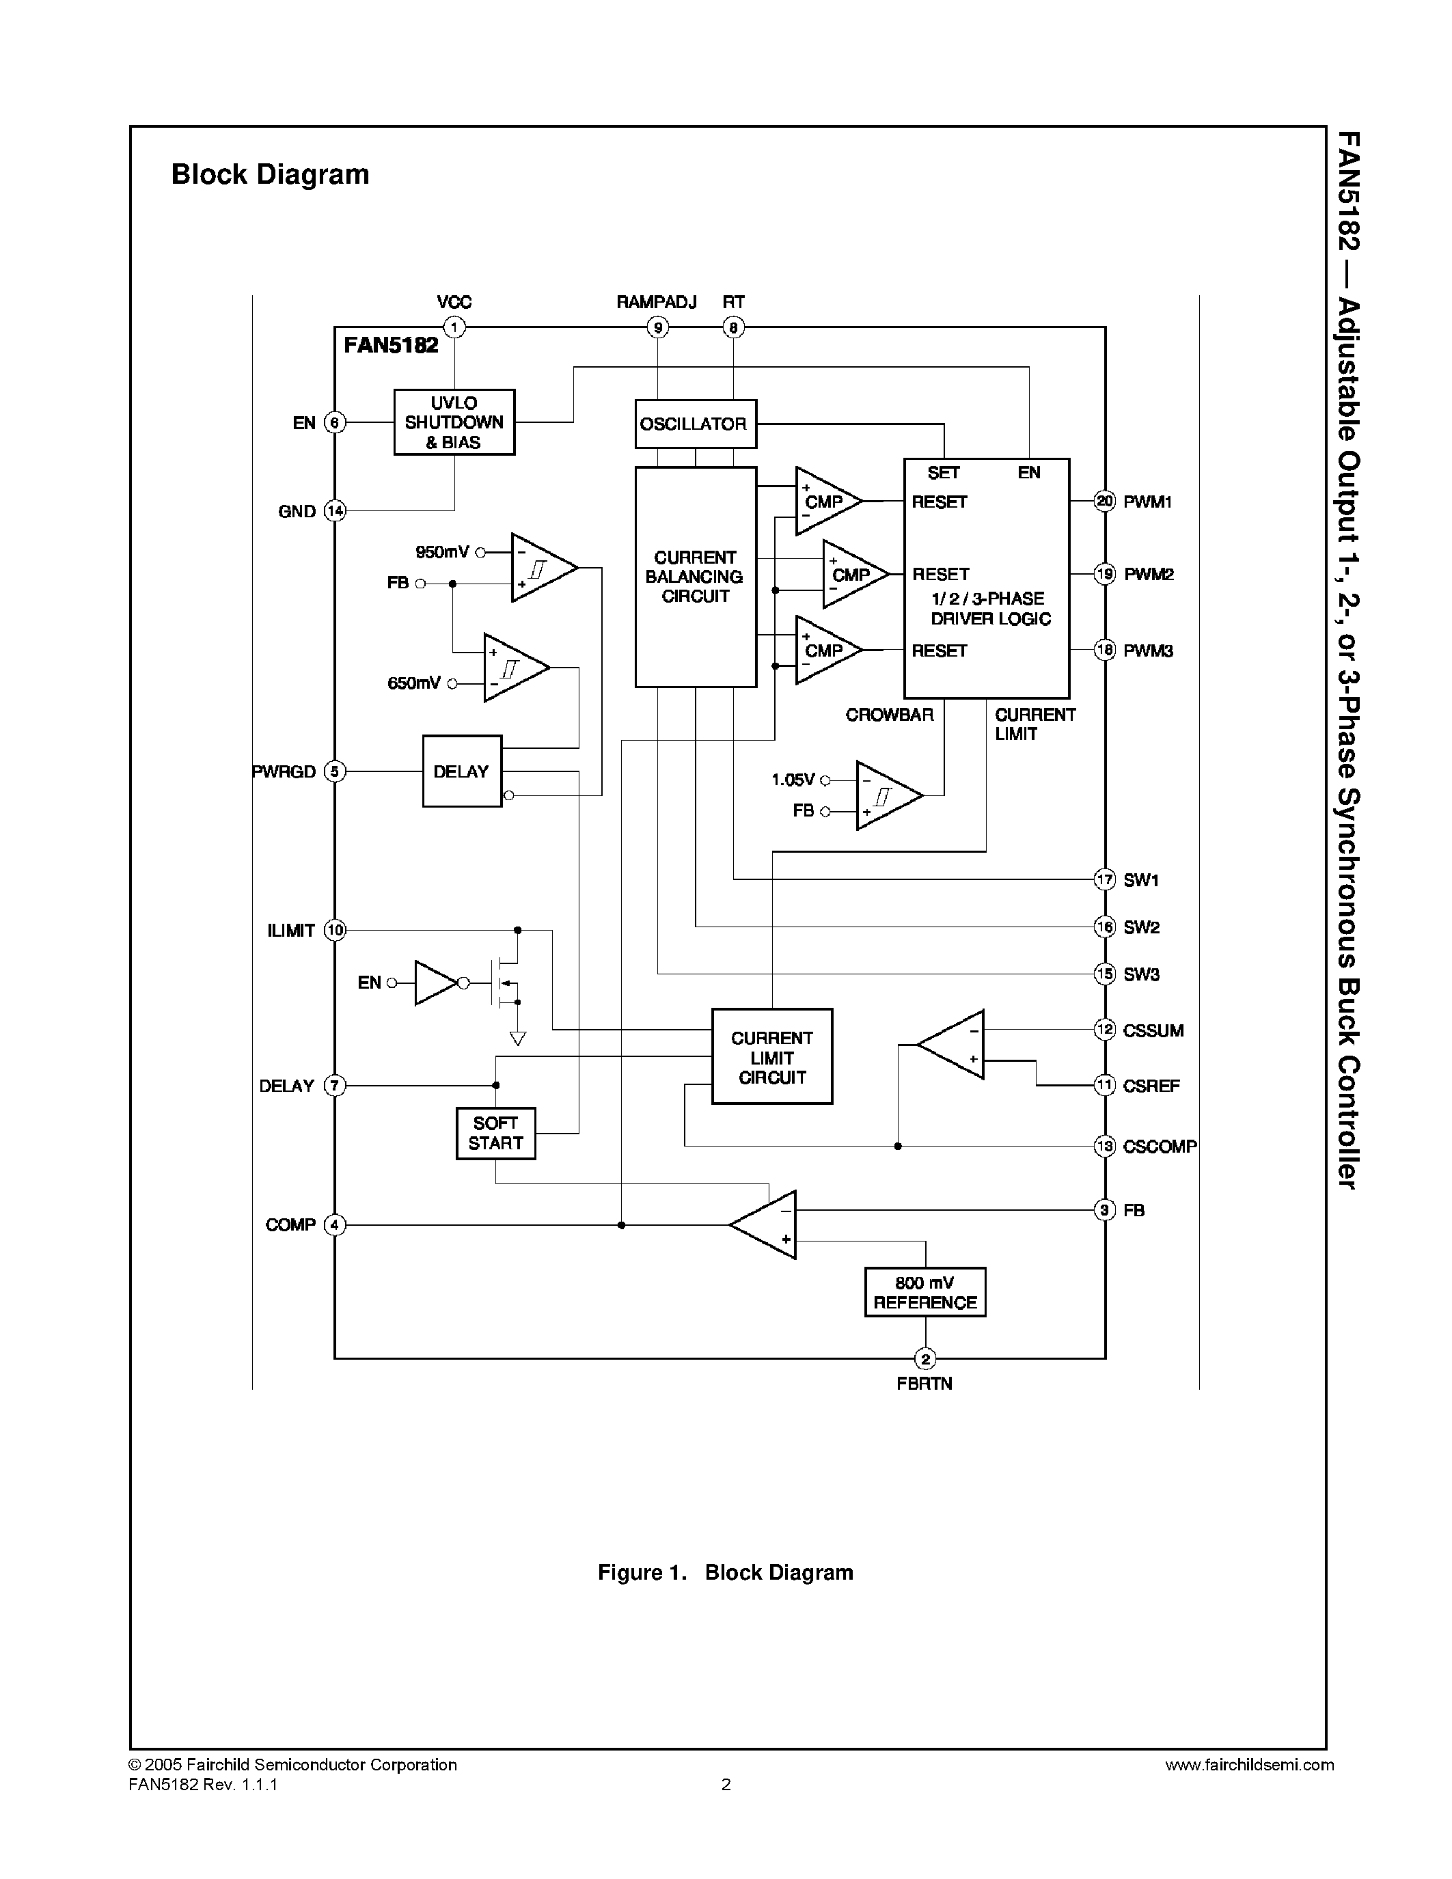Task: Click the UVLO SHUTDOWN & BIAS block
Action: click(454, 422)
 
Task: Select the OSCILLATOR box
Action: click(695, 424)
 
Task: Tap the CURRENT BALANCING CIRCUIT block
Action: click(695, 577)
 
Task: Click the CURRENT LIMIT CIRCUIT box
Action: click(771, 1056)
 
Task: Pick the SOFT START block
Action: click(495, 1133)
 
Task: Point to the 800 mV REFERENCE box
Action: click(924, 1292)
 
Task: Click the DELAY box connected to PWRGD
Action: click(462, 771)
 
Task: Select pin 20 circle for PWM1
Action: click(1104, 501)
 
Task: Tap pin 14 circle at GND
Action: click(335, 511)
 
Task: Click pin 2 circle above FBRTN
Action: click(924, 1359)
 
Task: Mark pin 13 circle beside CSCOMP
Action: click(1104, 1146)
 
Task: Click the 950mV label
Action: click(442, 552)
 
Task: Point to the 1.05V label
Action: click(792, 780)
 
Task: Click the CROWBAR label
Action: click(888, 715)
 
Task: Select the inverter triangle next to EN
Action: click(436, 983)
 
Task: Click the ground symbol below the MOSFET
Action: click(517, 1039)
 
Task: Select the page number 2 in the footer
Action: click(726, 1784)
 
